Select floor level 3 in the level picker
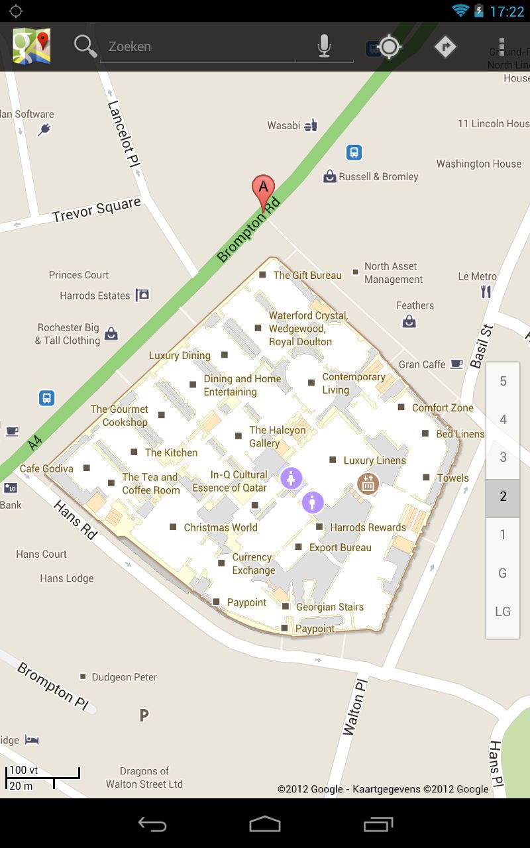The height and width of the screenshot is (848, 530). coord(503,458)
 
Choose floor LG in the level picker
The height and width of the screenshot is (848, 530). coord(503,611)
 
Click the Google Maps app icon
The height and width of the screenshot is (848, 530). coord(32,46)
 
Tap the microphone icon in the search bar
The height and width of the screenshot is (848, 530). coord(324,46)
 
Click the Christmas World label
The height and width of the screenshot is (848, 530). coord(221,528)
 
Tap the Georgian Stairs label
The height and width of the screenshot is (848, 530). coord(329,607)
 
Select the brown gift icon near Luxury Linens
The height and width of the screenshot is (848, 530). coord(368,484)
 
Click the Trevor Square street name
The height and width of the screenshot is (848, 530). coord(97,210)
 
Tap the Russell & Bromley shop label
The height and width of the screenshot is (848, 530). coord(378,177)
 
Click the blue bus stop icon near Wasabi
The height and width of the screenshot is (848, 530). coord(354,153)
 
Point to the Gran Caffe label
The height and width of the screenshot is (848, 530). coord(422,364)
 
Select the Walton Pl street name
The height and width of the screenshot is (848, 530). coord(354,705)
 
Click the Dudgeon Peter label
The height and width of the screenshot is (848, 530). coord(125,677)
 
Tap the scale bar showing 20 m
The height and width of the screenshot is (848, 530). coord(30,786)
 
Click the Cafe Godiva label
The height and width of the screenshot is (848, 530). coord(46,468)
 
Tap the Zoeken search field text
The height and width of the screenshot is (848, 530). coord(130,46)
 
